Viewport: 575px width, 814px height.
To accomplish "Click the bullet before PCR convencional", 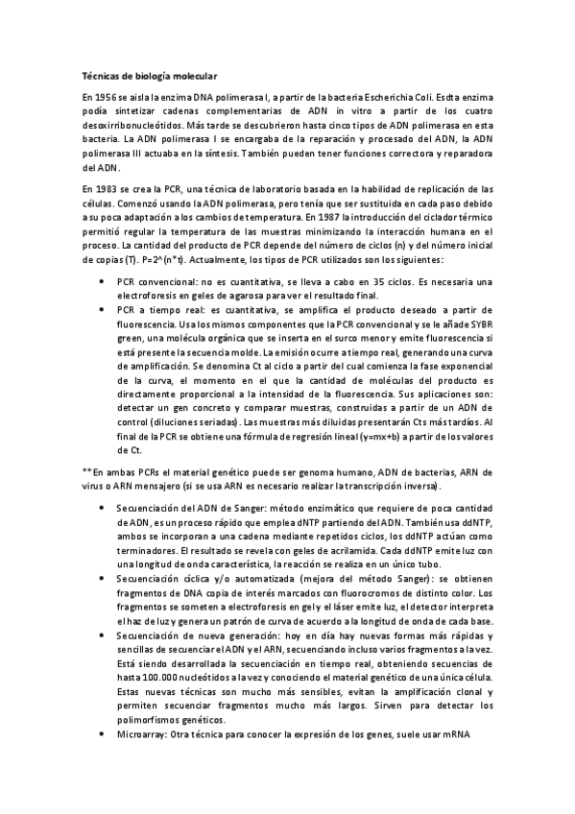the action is pos(103,281).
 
